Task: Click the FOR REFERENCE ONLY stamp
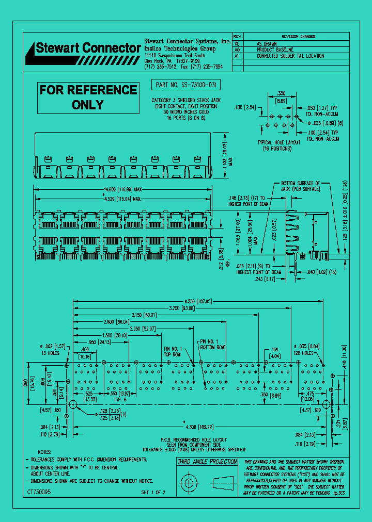[x=88, y=97]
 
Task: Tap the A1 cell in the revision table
[x=237, y=56]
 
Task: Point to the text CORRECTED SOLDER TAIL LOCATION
[x=290, y=56]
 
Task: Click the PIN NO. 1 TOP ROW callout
[x=173, y=351]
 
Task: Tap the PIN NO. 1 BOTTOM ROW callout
[x=212, y=345]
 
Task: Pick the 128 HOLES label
[x=307, y=353]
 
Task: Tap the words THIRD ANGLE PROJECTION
[x=207, y=462]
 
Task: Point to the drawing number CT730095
[x=39, y=493]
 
